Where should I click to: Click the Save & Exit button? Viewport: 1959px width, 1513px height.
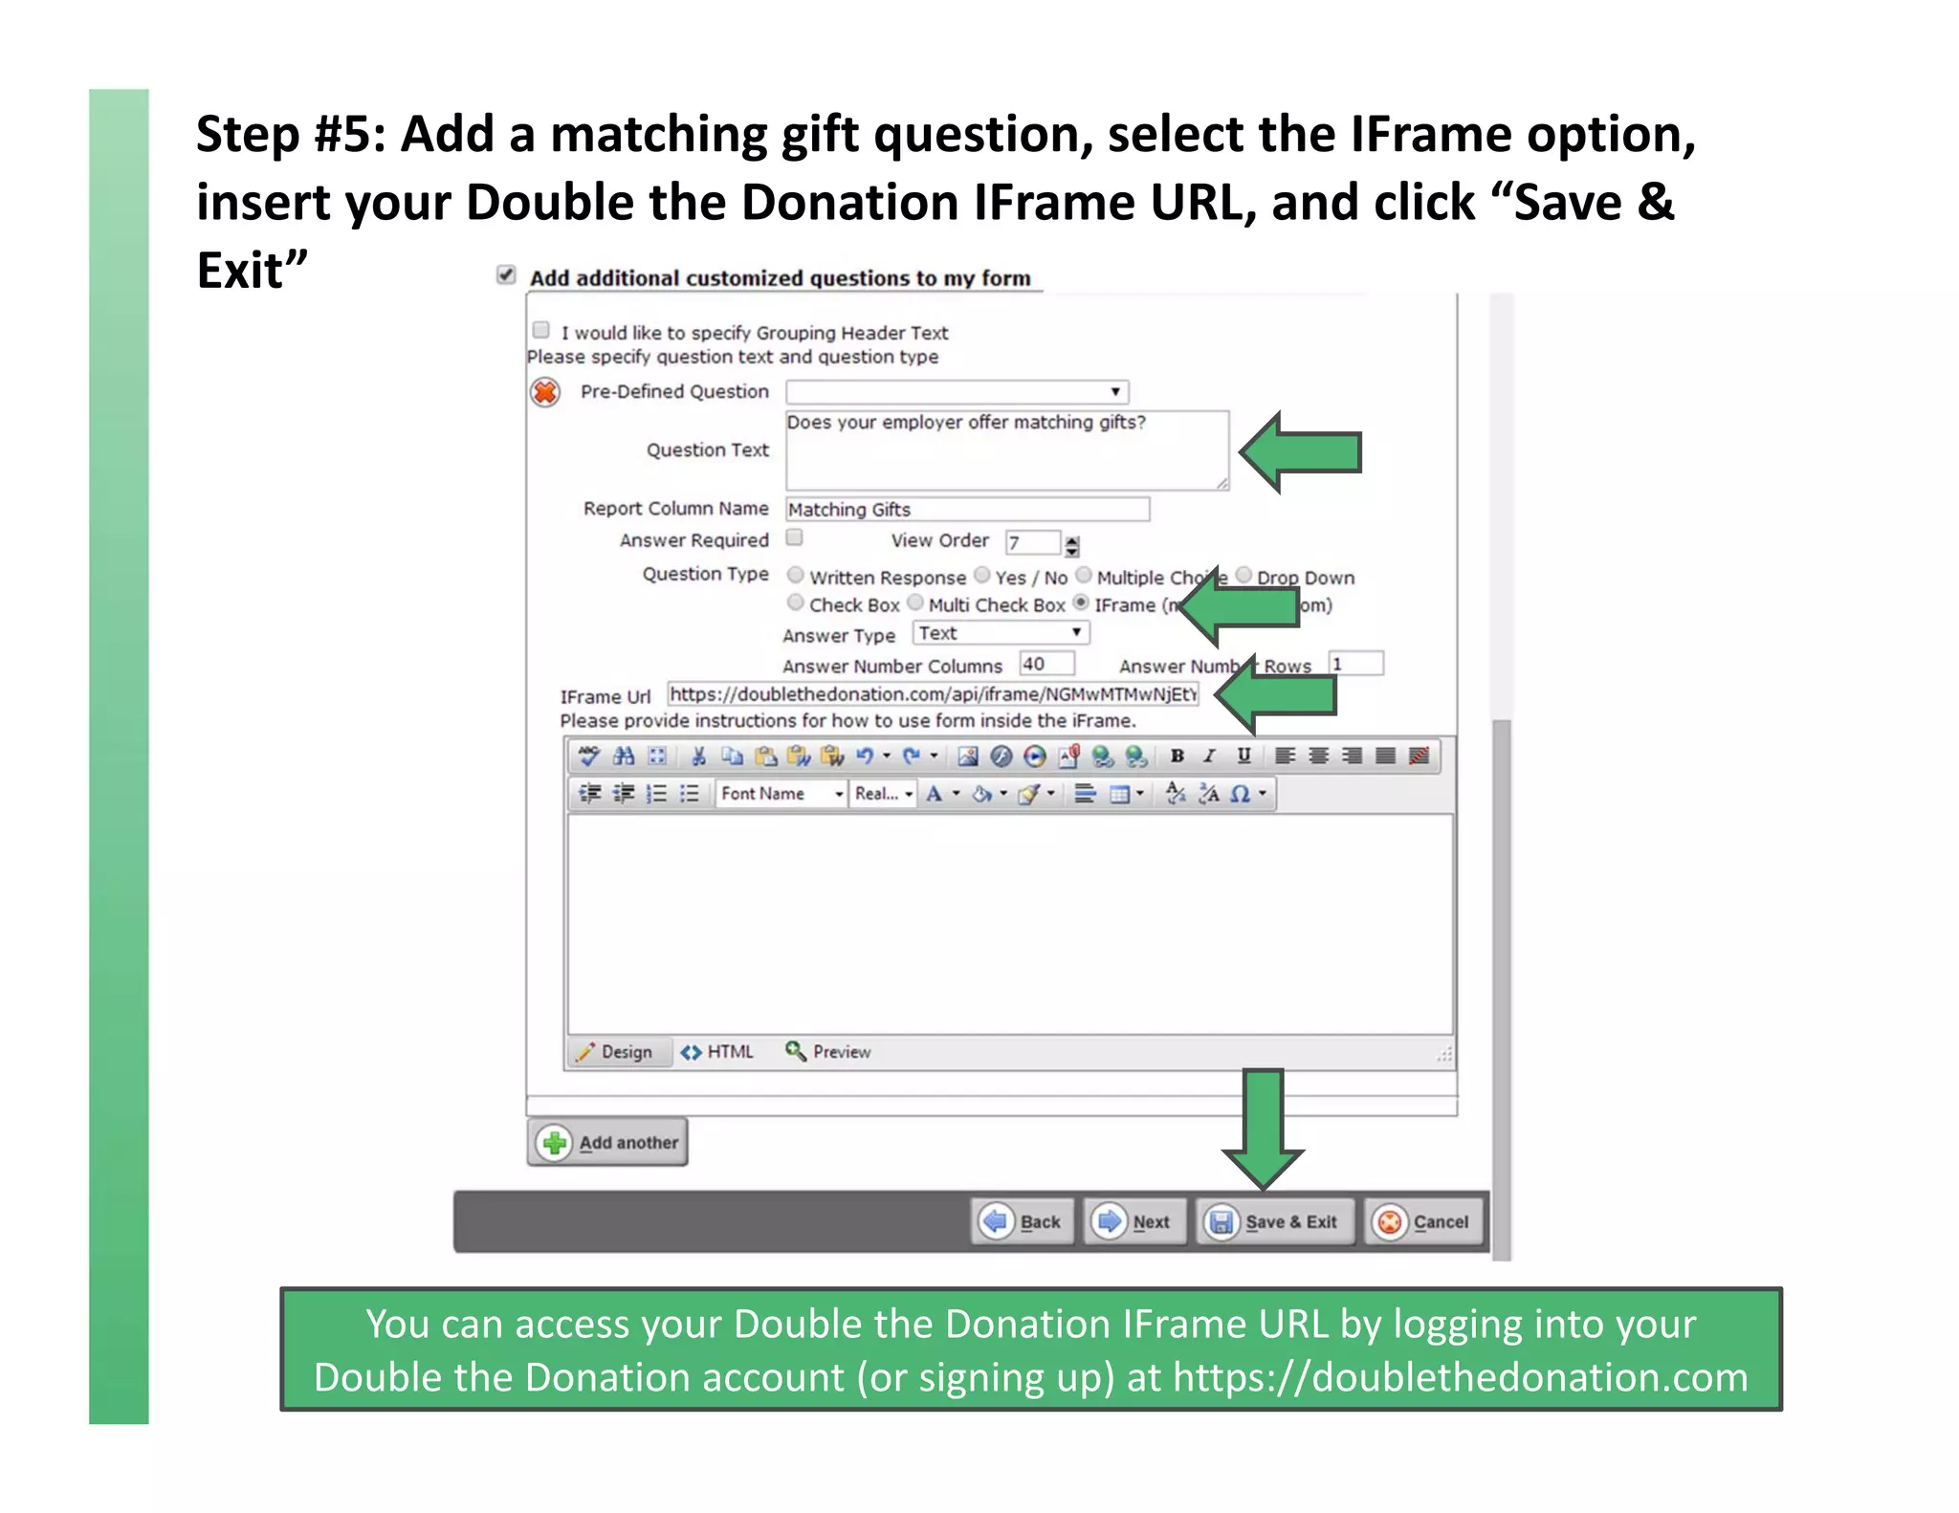tap(1275, 1221)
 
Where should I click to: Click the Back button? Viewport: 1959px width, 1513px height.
tap(1022, 1221)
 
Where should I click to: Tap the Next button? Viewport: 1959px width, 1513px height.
tap(1134, 1221)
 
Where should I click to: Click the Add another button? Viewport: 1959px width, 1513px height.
tap(607, 1142)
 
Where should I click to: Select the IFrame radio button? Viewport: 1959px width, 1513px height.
tap(1081, 603)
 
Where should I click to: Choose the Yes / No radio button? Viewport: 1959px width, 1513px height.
tap(982, 575)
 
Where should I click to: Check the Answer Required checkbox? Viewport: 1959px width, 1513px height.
tap(794, 537)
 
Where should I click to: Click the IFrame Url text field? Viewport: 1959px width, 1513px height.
tap(932, 694)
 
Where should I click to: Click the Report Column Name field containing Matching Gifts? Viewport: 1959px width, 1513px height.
tap(966, 509)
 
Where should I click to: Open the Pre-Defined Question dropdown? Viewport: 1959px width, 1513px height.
tap(957, 391)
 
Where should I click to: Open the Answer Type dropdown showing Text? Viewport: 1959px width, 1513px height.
tap(1001, 632)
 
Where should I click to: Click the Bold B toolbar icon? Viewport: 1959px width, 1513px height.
tap(1178, 756)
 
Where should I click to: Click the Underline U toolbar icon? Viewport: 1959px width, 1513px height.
tap(1244, 756)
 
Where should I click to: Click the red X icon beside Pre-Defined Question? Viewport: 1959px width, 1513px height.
tap(545, 392)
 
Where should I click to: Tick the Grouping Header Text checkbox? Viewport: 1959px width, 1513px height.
tap(541, 331)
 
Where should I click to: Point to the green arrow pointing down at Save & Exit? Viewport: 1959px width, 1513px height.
tap(1264, 1129)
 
